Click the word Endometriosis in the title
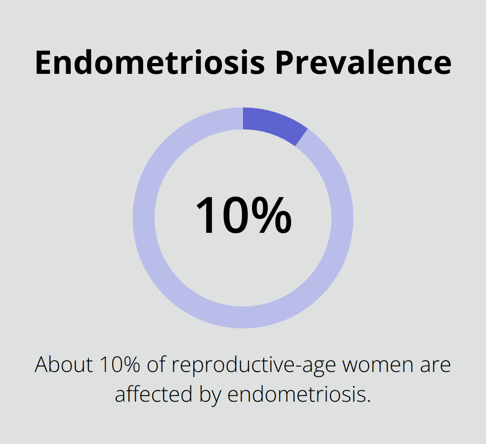pyautogui.click(x=150, y=63)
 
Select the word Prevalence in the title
pyautogui.click(x=363, y=63)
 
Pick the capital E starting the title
pyautogui.click(x=43, y=63)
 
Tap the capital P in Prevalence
pyautogui.click(x=285, y=63)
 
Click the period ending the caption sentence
pyautogui.click(x=368, y=401)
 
